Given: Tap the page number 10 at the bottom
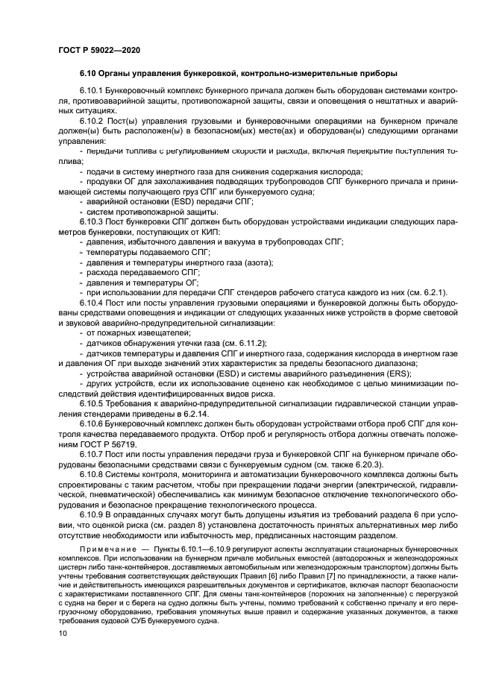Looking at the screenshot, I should click(62, 633).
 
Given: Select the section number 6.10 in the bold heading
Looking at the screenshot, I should click(90, 73).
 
